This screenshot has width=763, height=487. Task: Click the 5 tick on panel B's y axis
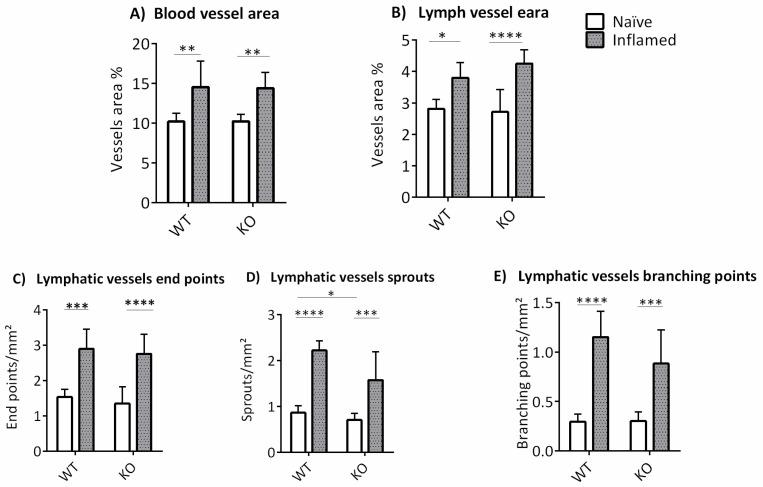point(421,41)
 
